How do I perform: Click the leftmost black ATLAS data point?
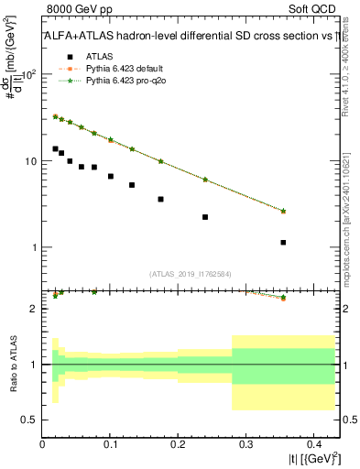tap(55, 148)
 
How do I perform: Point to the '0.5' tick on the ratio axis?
tap(30, 420)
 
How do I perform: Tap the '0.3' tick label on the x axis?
tap(245, 444)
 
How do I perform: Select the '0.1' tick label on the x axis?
tap(110, 444)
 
